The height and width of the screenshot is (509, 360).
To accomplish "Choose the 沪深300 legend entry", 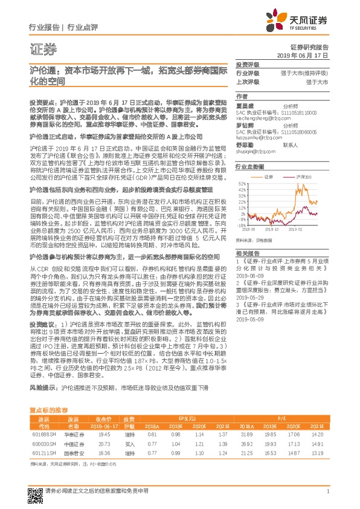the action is tap(303, 177).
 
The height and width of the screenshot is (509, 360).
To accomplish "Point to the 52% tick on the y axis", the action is tap(242, 183).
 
